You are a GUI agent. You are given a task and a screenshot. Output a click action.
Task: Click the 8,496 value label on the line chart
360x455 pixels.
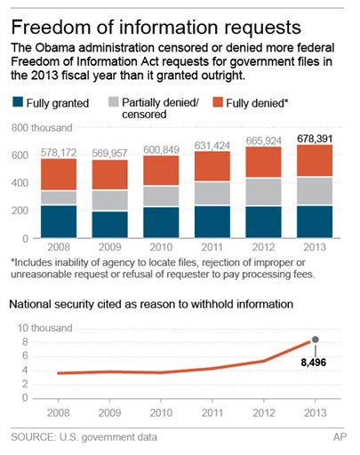315,363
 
